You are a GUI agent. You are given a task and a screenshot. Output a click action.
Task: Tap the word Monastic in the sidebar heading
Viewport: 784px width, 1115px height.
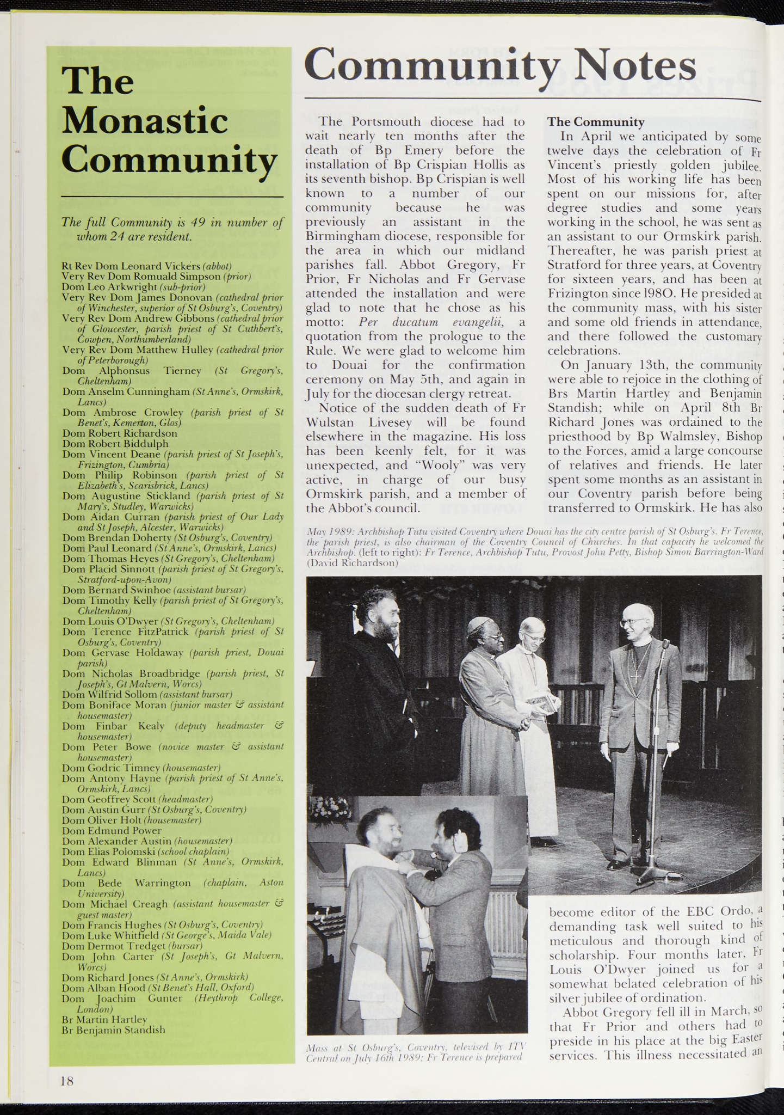click(x=145, y=121)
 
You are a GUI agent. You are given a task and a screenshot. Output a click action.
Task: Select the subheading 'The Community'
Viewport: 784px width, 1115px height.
click(x=596, y=122)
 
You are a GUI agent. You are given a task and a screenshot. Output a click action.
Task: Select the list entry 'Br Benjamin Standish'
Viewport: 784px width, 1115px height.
click(x=114, y=1030)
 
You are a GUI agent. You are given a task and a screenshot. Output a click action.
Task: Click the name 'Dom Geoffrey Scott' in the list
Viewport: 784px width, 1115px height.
click(x=109, y=799)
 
